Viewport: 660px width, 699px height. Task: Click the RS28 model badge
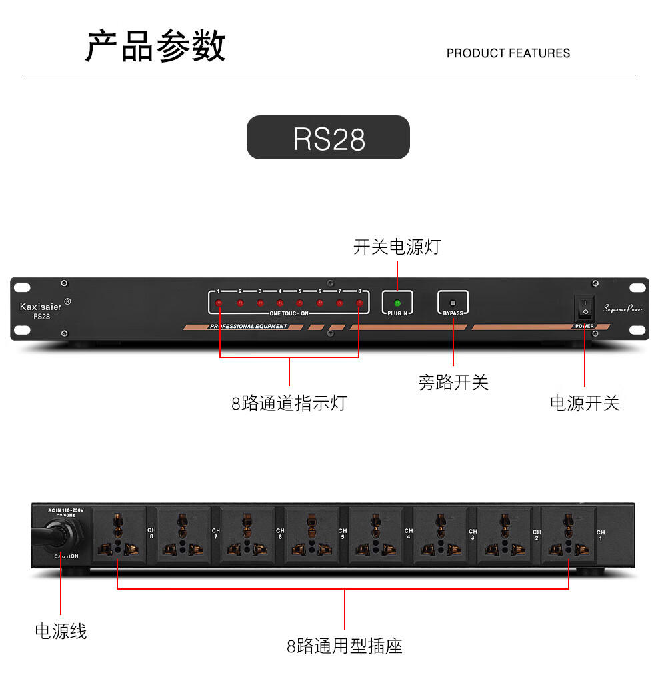click(x=329, y=138)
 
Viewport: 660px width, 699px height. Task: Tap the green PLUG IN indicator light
click(x=397, y=303)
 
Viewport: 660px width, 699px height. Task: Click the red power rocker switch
click(x=585, y=308)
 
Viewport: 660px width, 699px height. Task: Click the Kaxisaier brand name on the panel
click(x=41, y=307)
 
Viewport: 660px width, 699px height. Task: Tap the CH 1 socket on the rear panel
click(x=568, y=535)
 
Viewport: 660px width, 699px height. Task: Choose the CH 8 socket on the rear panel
click(x=119, y=535)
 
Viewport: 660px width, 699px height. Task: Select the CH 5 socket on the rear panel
click(x=311, y=535)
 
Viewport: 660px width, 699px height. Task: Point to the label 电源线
click(x=61, y=631)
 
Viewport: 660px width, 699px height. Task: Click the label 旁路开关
click(x=453, y=383)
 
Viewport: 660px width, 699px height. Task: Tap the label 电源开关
click(x=585, y=403)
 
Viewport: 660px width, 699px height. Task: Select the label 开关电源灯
click(x=397, y=247)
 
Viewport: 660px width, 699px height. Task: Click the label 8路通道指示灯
click(x=289, y=403)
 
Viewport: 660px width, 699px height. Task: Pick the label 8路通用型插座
click(x=345, y=646)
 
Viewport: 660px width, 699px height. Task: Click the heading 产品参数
click(x=156, y=47)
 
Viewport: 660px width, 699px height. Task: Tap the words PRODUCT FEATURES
click(x=508, y=53)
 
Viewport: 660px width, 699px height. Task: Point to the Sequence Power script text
click(x=623, y=308)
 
